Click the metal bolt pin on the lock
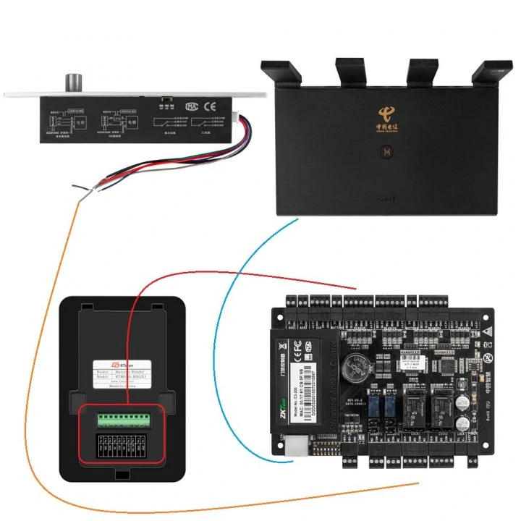click(x=74, y=82)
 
